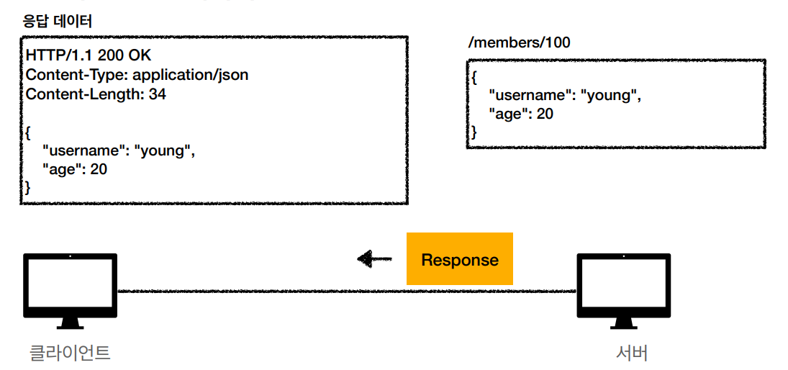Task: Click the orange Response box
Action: [459, 258]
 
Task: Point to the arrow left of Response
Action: [374, 259]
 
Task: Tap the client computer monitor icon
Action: [71, 291]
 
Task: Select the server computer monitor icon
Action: [623, 291]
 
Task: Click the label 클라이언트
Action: [70, 353]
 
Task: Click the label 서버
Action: [633, 353]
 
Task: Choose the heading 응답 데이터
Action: [56, 22]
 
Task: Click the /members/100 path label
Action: [519, 43]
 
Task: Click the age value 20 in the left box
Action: [99, 170]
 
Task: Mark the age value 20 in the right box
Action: [545, 114]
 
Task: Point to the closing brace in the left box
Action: [28, 189]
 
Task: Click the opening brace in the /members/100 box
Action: [474, 78]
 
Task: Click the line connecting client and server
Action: [347, 291]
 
